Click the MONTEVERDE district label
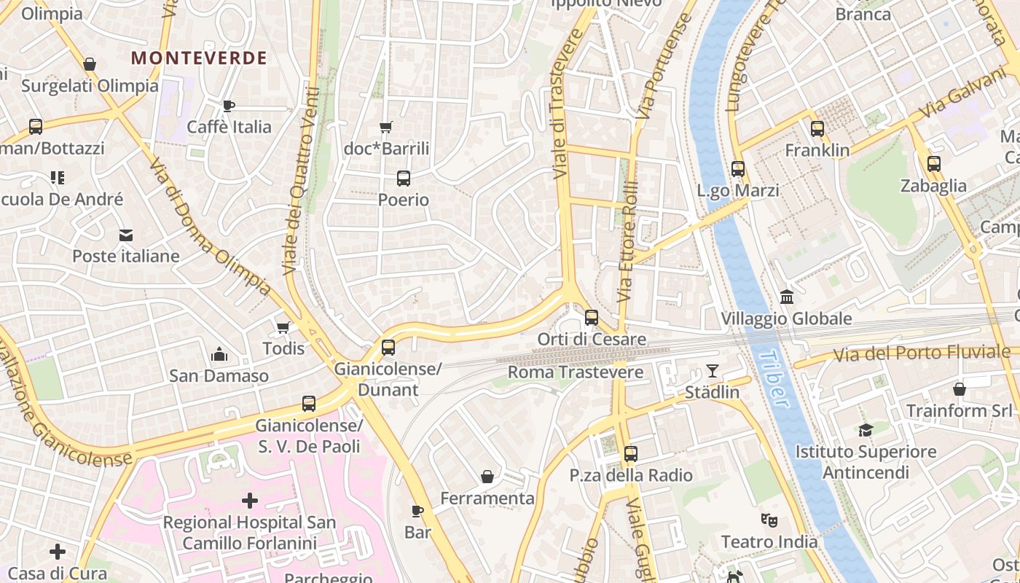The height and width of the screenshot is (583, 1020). pyautogui.click(x=199, y=58)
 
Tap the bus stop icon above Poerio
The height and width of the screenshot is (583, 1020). pyautogui.click(x=403, y=178)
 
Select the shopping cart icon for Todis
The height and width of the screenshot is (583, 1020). pyautogui.click(x=283, y=328)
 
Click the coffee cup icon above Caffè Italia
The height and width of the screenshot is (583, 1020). pyautogui.click(x=229, y=106)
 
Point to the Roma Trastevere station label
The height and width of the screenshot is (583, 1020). pyautogui.click(x=575, y=372)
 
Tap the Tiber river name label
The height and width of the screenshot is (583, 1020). pyautogui.click(x=772, y=378)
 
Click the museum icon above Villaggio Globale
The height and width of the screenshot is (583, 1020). pyautogui.click(x=786, y=297)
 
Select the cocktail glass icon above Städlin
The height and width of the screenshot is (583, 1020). pyautogui.click(x=712, y=371)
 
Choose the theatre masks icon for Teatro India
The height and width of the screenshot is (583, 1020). pyautogui.click(x=769, y=520)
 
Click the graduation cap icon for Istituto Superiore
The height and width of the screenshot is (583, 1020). pyautogui.click(x=865, y=430)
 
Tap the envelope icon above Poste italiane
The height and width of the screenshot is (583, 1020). pyautogui.click(x=126, y=235)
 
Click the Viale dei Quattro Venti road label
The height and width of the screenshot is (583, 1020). pyautogui.click(x=301, y=181)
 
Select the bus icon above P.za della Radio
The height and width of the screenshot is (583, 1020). pyautogui.click(x=630, y=454)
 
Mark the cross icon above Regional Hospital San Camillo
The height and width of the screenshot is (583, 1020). pyautogui.click(x=249, y=501)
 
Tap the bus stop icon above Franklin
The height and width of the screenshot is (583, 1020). pyautogui.click(x=817, y=129)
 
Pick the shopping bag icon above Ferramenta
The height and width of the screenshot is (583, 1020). pyautogui.click(x=487, y=477)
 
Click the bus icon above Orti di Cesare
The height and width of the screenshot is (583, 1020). pyautogui.click(x=591, y=318)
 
